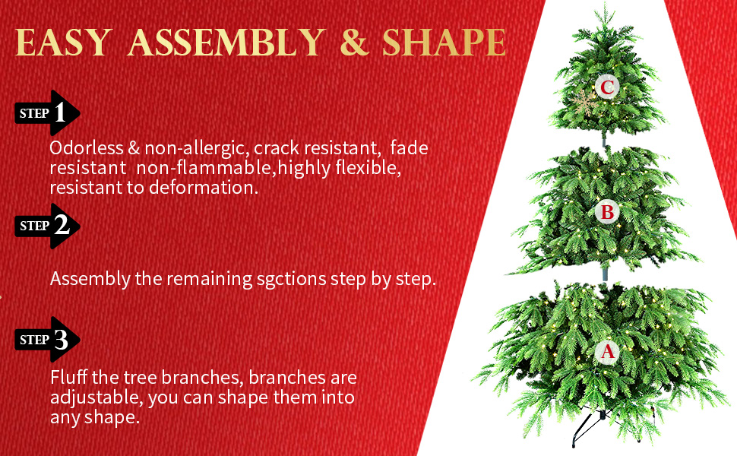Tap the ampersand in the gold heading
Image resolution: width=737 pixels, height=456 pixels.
click(354, 43)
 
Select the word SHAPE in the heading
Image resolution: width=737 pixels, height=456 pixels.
click(444, 43)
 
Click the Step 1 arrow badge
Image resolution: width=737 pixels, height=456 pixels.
click(47, 114)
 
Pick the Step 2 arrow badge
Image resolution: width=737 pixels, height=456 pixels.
click(47, 226)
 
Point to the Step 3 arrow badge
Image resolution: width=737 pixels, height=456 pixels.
click(47, 340)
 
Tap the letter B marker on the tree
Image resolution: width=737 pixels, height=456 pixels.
click(607, 212)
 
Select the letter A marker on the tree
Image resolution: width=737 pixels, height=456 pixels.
click(607, 351)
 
